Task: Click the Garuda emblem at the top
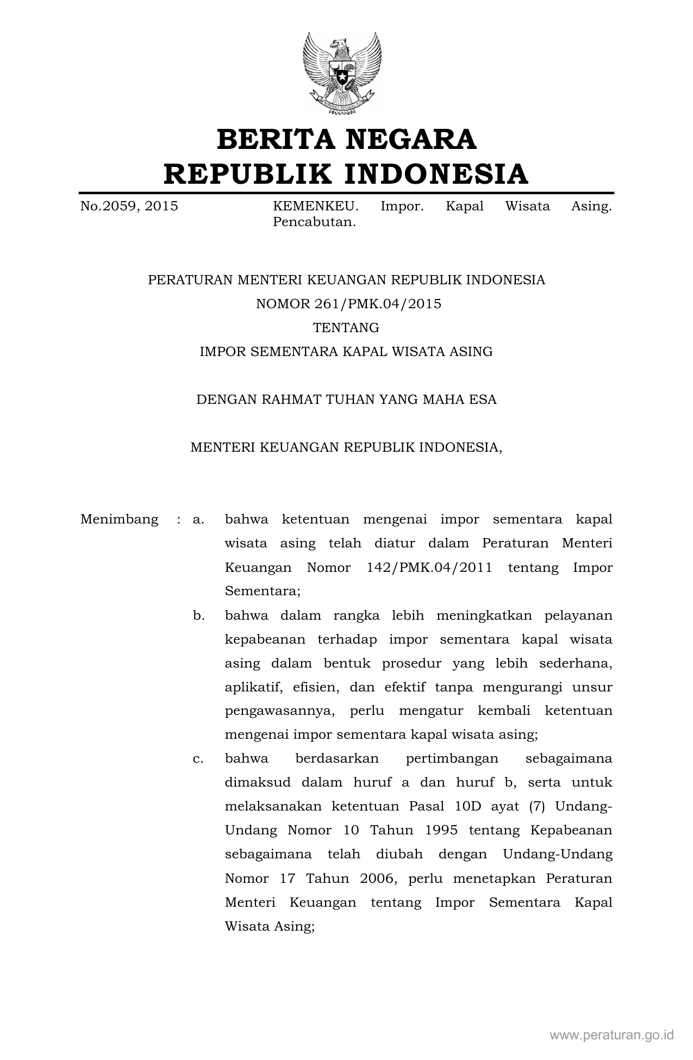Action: [x=342, y=73]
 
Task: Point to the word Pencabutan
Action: [x=314, y=222]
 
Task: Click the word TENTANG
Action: [x=346, y=328]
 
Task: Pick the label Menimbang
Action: [x=119, y=519]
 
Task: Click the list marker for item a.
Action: [x=198, y=519]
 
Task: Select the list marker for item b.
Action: [x=198, y=615]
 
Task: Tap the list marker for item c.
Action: [x=198, y=758]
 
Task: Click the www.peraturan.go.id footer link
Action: [x=612, y=1035]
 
